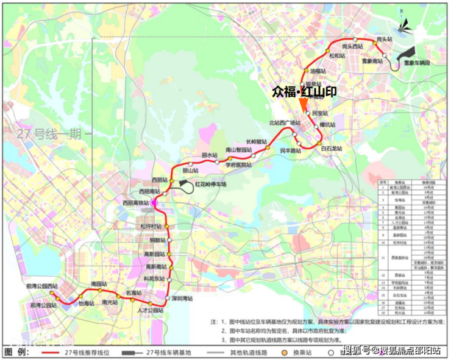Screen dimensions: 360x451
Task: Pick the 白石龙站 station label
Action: click(x=332, y=149)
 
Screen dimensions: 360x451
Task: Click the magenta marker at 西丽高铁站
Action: click(x=154, y=203)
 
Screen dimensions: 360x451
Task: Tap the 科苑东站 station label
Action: click(x=154, y=278)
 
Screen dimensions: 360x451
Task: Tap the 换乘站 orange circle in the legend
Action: click(x=284, y=352)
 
